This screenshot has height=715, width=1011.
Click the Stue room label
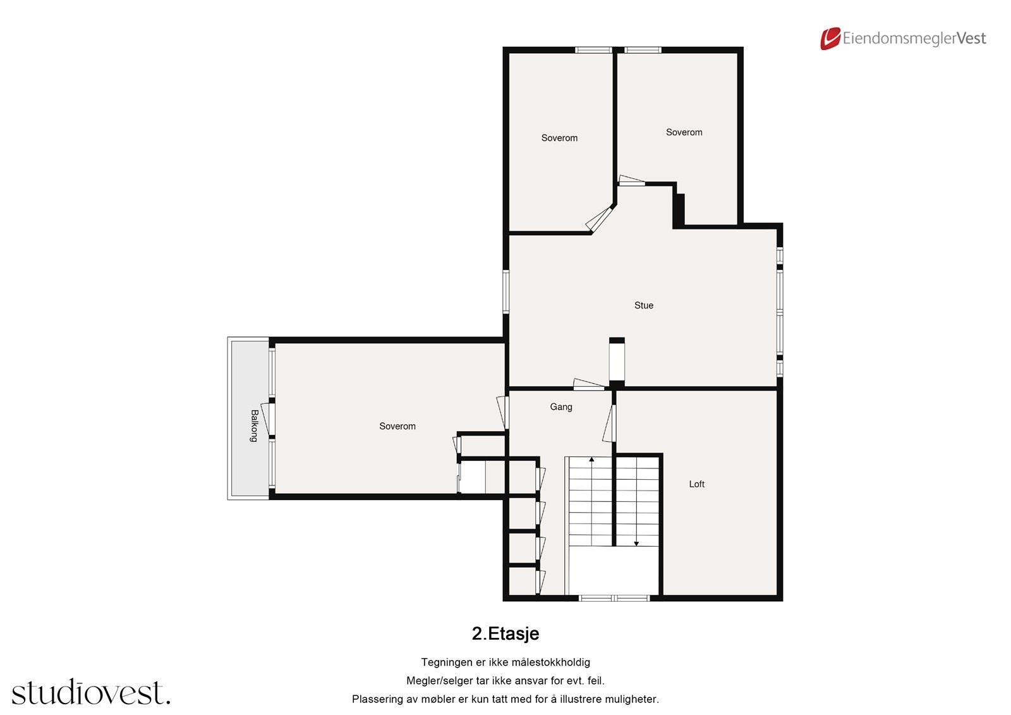pos(643,305)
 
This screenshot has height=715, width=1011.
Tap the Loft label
pos(696,484)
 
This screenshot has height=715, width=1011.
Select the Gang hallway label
pos(560,407)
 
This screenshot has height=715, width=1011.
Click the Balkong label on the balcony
pos(254,425)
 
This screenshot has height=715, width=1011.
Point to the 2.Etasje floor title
pos(505,633)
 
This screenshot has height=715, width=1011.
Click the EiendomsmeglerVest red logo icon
pos(830,39)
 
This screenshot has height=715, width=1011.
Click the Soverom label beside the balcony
pos(397,427)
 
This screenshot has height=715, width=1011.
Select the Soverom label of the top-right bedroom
pos(684,133)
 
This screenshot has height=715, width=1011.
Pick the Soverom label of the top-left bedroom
pos(559,138)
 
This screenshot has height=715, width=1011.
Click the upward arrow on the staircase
pos(591,460)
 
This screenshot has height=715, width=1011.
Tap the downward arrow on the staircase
pos(636,542)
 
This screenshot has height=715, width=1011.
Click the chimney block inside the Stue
pos(617,361)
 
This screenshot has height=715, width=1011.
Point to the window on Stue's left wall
pos(505,291)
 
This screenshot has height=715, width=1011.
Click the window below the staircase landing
pos(614,597)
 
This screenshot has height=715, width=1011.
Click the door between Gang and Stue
pos(588,384)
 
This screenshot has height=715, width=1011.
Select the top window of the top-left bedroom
pos(593,50)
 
